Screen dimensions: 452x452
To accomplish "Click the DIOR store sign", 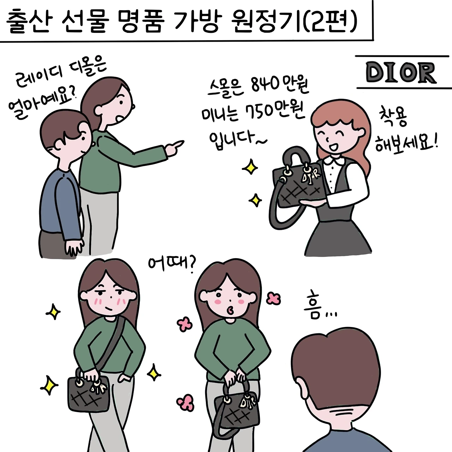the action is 401,72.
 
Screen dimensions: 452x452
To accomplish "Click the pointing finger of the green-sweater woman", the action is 177,145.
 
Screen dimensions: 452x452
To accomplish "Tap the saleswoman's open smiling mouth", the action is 332,147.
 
